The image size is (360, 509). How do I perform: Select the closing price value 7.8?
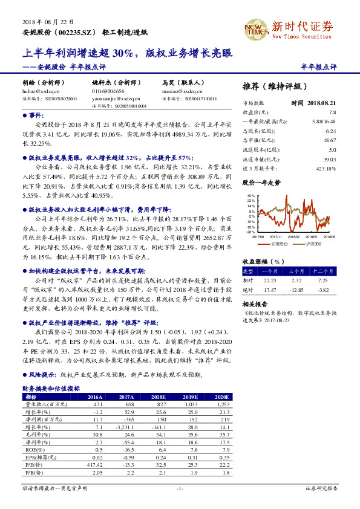pos(332,112)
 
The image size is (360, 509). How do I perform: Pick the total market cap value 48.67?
pos(330,140)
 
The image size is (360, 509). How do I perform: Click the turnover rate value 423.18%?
pos(327,167)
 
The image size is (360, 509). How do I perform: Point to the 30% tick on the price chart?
pos(250,196)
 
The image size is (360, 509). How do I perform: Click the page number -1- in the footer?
pos(180,488)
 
